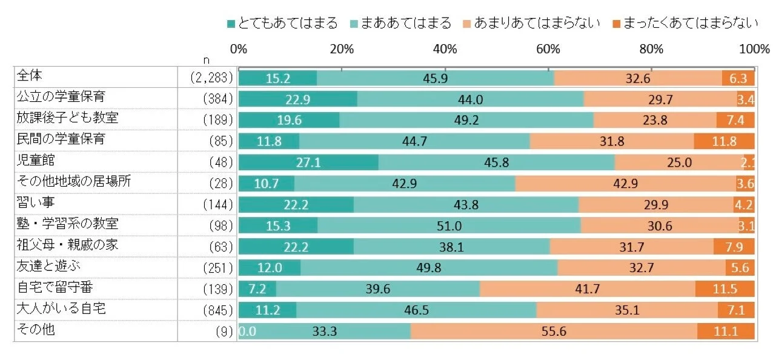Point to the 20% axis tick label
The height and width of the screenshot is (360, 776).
pyautogui.click(x=342, y=49)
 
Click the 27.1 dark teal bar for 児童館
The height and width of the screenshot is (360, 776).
pyautogui.click(x=308, y=163)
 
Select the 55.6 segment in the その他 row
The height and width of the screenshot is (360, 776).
pyautogui.click(x=553, y=332)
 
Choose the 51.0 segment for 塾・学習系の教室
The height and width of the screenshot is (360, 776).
pyautogui.click(x=449, y=226)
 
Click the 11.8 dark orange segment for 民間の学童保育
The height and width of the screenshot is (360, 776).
pyautogui.click(x=724, y=142)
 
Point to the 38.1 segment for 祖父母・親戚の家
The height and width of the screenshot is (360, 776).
pyautogui.click(x=451, y=247)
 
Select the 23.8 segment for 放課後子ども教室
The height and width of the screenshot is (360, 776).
pyautogui.click(x=655, y=121)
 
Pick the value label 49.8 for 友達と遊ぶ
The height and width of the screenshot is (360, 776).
pyautogui.click(x=429, y=268)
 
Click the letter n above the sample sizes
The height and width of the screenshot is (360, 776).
pyautogui.click(x=207, y=59)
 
